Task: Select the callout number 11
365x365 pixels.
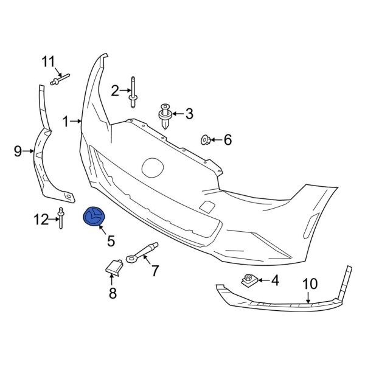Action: point(49,61)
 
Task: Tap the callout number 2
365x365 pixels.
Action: point(115,91)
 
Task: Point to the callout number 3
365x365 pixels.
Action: point(189,113)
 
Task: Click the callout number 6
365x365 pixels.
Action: point(228,141)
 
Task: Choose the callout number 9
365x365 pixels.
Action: point(18,150)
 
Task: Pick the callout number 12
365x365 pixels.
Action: point(41,220)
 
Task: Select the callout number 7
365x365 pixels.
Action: point(155,269)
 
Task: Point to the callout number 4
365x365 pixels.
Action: point(274,281)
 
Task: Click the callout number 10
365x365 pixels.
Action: point(310,283)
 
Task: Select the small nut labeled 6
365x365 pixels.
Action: point(206,141)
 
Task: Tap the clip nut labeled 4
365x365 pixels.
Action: point(248,280)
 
